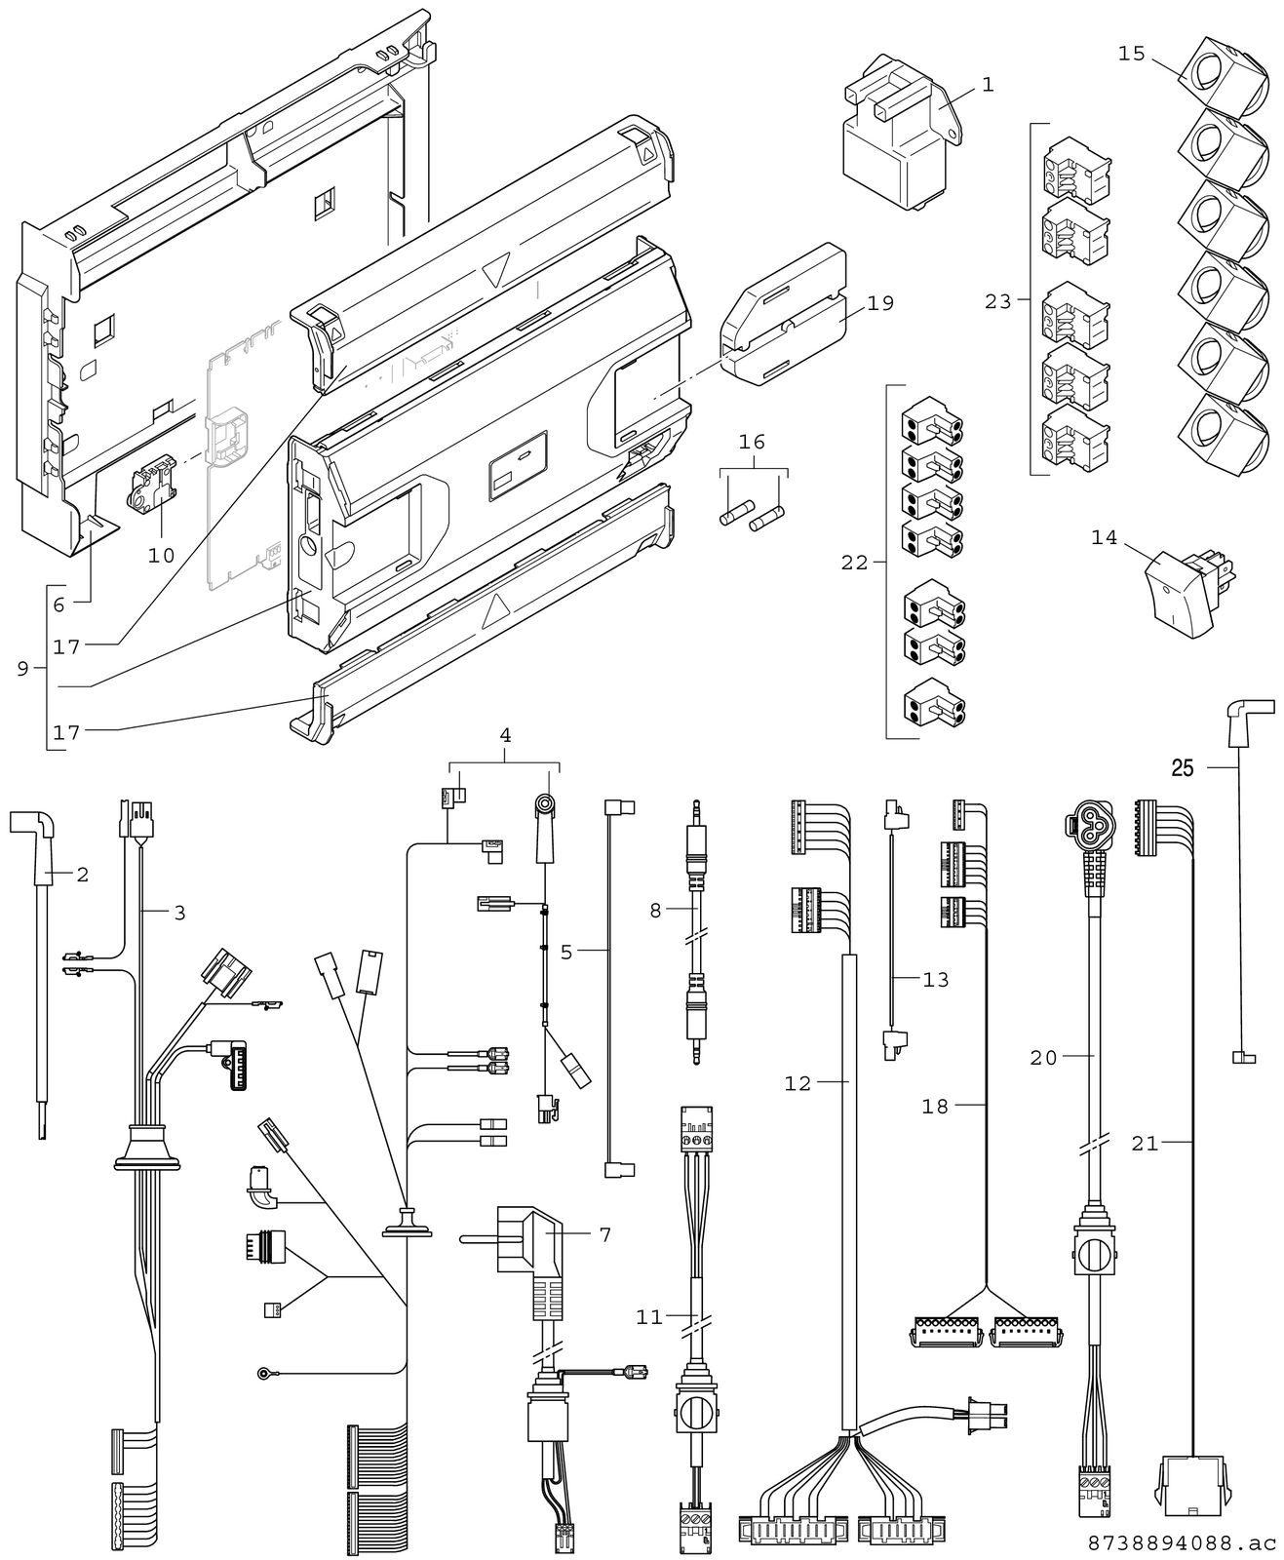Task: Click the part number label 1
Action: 988,86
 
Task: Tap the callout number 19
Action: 879,303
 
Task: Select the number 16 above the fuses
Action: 752,443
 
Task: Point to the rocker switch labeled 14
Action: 1182,590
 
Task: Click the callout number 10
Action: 161,555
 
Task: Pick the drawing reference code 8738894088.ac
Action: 1182,1543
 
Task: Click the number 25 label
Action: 1182,768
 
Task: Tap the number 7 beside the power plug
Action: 605,1234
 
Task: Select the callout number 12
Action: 798,1083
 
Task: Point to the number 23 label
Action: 998,302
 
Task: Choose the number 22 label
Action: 854,563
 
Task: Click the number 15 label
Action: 1131,53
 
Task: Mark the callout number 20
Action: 1043,1057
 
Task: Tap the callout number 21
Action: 1145,1143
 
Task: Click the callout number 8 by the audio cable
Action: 655,910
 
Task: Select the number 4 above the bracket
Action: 505,735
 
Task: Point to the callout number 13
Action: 935,979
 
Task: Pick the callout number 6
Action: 58,604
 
